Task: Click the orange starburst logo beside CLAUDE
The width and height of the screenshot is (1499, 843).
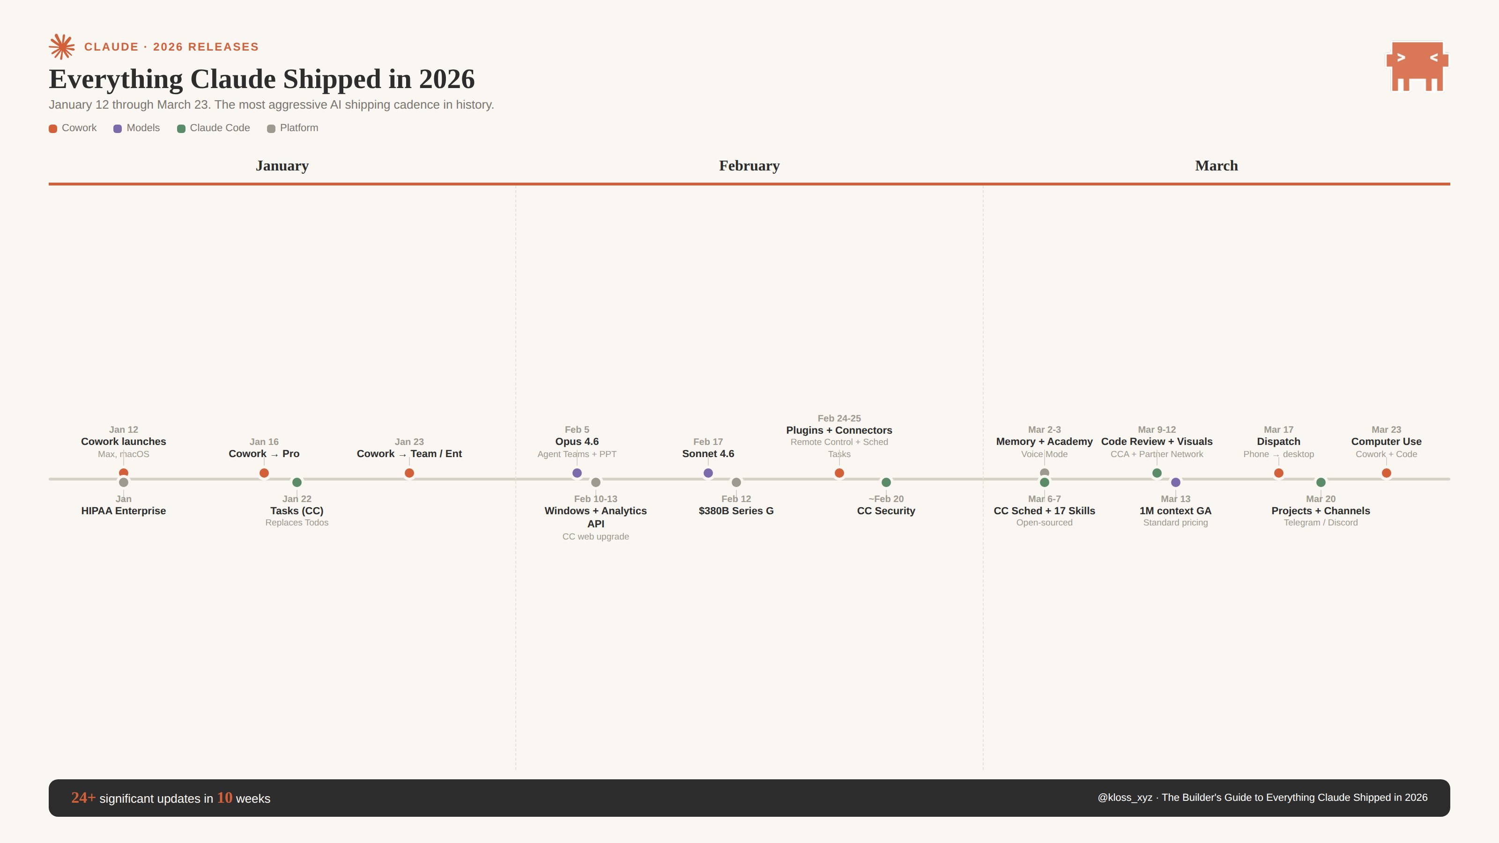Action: point(62,46)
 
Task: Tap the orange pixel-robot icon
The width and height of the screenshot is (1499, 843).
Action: point(1417,66)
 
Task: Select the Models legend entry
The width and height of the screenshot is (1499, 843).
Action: point(137,128)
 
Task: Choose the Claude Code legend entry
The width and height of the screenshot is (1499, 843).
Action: point(214,128)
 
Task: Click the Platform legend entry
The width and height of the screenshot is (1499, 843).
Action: point(293,128)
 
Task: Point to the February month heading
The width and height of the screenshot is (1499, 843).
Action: point(749,166)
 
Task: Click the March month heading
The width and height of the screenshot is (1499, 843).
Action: point(1216,166)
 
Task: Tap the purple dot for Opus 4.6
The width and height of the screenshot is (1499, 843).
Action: point(577,473)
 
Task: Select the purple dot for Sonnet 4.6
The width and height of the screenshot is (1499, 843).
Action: point(708,473)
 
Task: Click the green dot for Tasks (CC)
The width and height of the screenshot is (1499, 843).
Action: point(297,482)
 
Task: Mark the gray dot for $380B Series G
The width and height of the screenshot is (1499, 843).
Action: point(736,482)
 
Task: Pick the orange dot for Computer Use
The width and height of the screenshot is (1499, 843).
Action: point(1386,473)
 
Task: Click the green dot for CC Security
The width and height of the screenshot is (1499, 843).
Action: point(886,482)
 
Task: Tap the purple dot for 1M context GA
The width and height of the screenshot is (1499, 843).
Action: point(1175,482)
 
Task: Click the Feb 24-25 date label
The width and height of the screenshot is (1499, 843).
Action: point(839,418)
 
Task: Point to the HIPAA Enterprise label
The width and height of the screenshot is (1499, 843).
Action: point(123,511)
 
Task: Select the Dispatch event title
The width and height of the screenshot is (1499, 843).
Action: point(1278,442)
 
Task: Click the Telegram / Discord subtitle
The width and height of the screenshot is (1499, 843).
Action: point(1321,523)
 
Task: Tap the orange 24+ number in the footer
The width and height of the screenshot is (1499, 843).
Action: point(82,798)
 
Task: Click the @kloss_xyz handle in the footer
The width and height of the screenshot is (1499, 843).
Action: point(1124,798)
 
